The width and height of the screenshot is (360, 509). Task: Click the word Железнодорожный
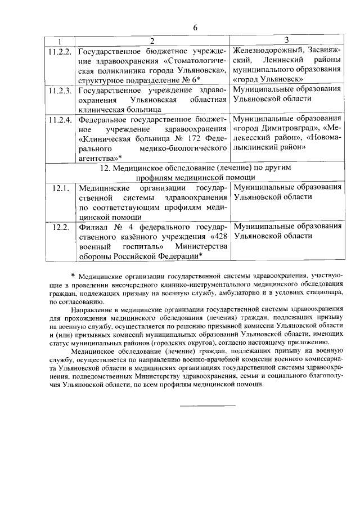[268, 50]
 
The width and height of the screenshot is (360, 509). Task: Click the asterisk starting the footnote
[73, 276]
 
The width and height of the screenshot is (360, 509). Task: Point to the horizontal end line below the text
[208, 406]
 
